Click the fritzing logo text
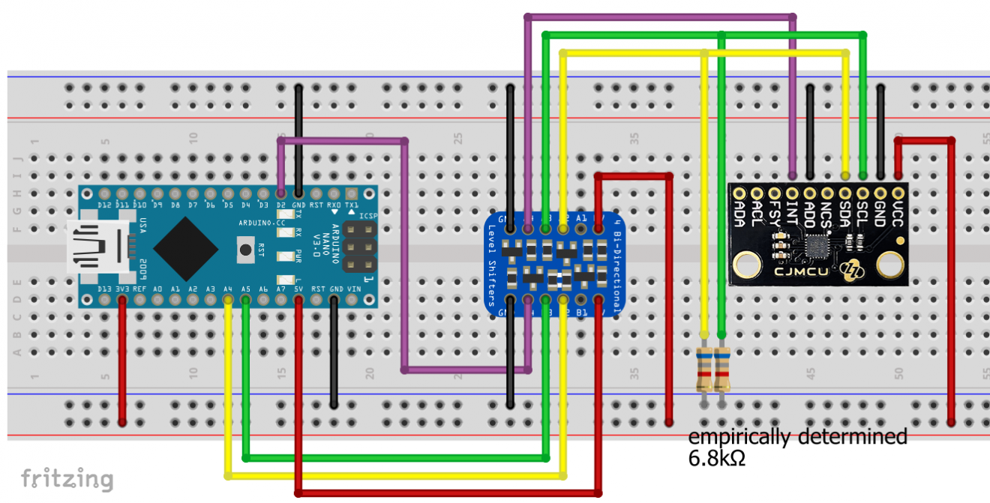67,478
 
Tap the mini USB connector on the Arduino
94,247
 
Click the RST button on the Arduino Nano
244,249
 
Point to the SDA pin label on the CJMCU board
845,215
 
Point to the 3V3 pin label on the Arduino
121,289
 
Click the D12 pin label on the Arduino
104,205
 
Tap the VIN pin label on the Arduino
352,289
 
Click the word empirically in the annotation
738,436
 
